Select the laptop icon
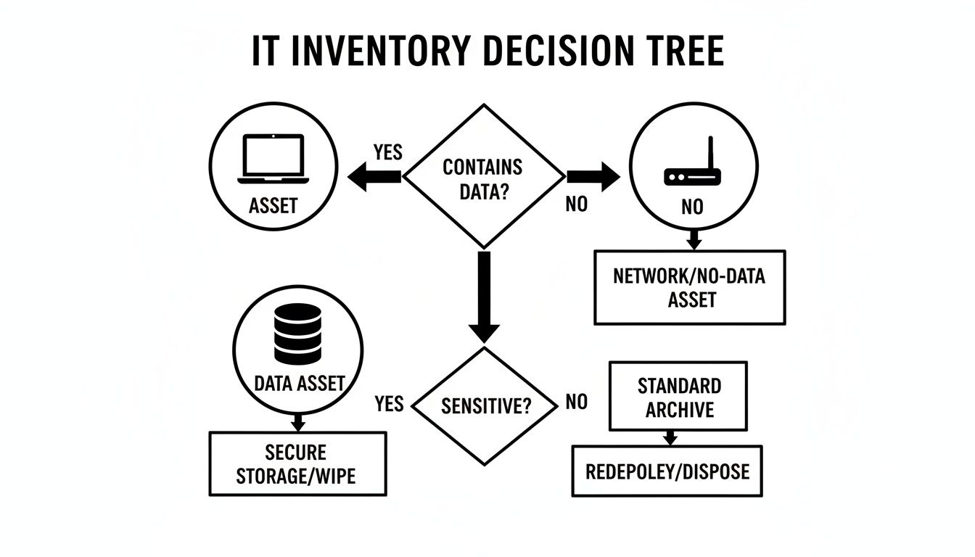pyautogui.click(x=273, y=159)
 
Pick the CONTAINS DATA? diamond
pyautogui.click(x=483, y=176)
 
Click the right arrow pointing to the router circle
pyautogui.click(x=593, y=176)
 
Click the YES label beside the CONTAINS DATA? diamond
pyautogui.click(x=387, y=152)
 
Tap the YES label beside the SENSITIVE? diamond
pyautogui.click(x=390, y=403)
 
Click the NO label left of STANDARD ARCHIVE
pyautogui.click(x=576, y=402)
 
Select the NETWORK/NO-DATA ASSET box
pyautogui.click(x=689, y=287)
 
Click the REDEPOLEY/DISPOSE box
pyautogui.click(x=667, y=471)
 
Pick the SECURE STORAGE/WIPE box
pyautogui.click(x=297, y=463)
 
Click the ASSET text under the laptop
pyautogui.click(x=273, y=205)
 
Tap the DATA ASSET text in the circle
pyautogui.click(x=299, y=384)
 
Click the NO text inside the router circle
pyautogui.click(x=692, y=207)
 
